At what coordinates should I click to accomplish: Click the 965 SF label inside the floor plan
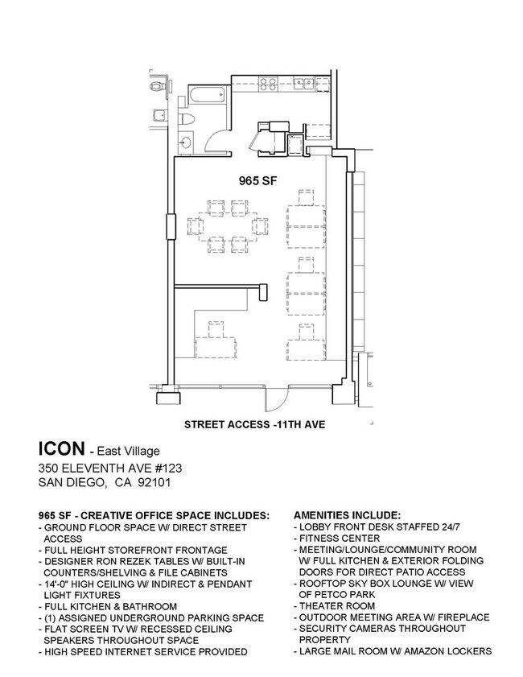257,181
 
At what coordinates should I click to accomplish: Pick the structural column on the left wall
170,227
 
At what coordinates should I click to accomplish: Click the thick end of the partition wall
263,291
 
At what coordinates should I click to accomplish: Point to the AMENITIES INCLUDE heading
348,514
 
